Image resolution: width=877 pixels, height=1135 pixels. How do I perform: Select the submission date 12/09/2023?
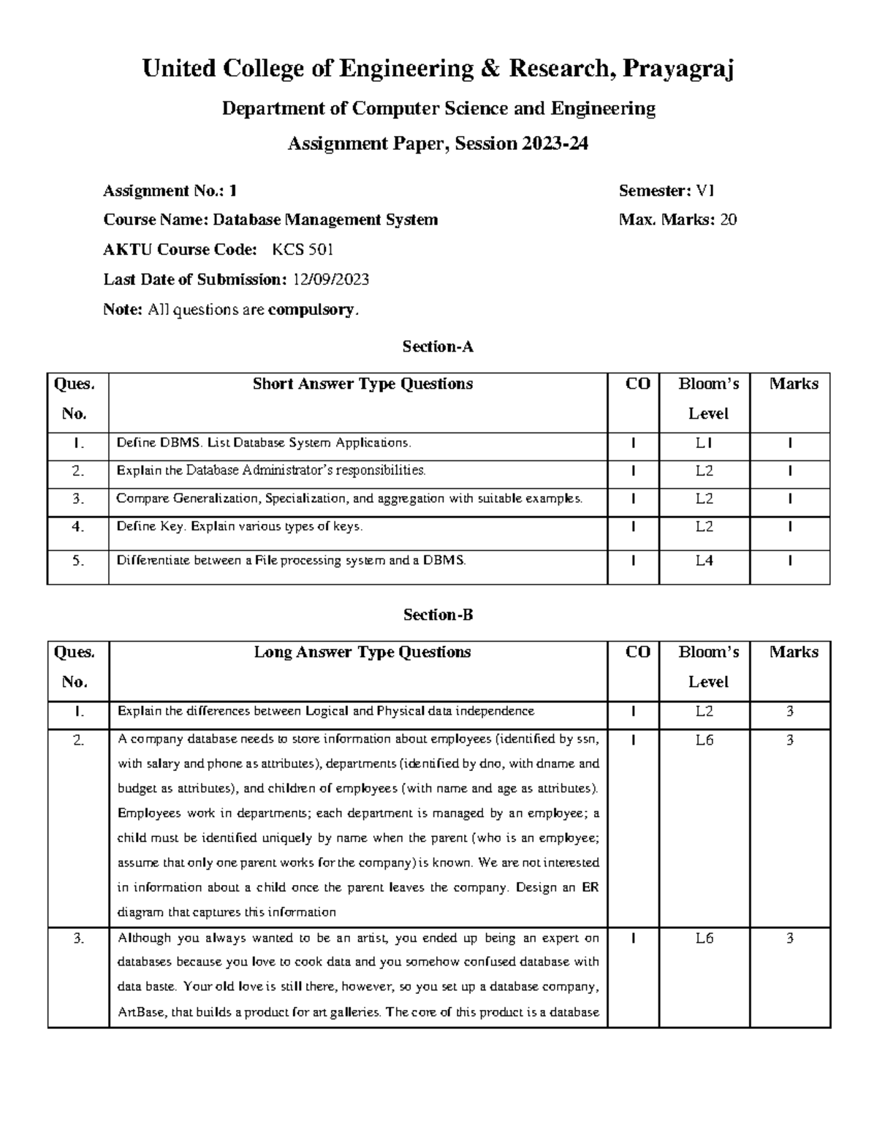tap(330, 279)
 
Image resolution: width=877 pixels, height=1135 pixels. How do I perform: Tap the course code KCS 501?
tap(303, 249)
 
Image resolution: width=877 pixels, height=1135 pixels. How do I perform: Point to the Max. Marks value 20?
tap(729, 219)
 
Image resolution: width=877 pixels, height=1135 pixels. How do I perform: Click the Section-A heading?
tap(438, 346)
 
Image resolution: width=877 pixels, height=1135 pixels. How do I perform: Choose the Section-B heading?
tap(438, 615)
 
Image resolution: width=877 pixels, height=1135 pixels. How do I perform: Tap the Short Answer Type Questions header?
tap(362, 384)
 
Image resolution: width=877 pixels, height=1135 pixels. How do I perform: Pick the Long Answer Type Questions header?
tap(362, 652)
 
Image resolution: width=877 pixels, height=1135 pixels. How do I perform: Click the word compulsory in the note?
tap(311, 310)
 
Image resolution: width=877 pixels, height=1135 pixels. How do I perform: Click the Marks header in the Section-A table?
tap(794, 384)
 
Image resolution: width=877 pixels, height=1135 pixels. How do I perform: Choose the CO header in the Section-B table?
tap(638, 652)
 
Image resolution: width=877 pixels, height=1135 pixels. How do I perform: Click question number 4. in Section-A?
tap(78, 527)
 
